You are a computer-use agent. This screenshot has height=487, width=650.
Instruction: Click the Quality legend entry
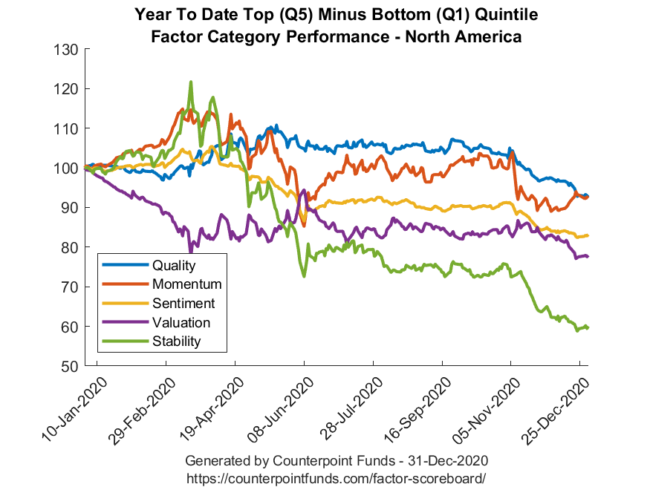coord(173,265)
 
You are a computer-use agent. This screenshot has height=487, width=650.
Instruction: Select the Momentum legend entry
coord(186,284)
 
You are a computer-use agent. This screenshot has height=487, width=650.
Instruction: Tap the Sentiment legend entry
coord(183,303)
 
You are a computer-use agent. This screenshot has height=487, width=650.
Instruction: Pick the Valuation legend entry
coord(181,322)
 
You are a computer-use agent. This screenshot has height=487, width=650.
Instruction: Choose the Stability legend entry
coord(176,341)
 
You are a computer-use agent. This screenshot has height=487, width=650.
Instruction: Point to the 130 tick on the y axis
coord(67,50)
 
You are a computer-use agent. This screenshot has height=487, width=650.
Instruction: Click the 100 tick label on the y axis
coord(67,169)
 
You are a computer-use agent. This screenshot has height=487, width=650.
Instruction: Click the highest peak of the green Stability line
coord(191,82)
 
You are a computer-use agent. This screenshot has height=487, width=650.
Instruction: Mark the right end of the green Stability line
coord(588,327)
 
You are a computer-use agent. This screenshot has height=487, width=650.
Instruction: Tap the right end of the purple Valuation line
coord(588,256)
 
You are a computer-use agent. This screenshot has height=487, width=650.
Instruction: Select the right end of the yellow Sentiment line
coord(588,235)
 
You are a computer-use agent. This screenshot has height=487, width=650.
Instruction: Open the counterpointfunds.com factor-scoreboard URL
coord(337,477)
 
